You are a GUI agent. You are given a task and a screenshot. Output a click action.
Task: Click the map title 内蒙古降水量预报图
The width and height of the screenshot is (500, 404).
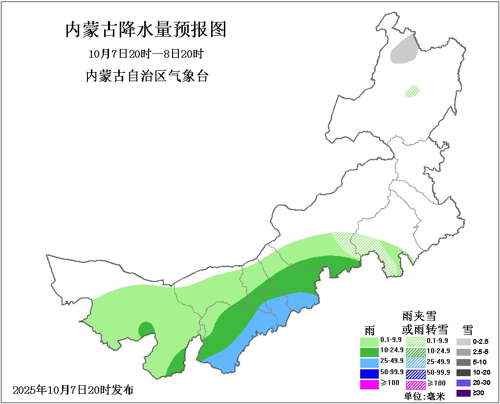[146, 30]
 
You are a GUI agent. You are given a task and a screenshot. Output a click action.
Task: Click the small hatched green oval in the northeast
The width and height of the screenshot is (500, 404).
[413, 91]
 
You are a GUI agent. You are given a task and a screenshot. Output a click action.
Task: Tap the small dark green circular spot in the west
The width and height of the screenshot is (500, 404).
[145, 329]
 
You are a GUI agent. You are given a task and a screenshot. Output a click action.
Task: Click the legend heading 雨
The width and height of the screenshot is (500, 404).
[370, 329]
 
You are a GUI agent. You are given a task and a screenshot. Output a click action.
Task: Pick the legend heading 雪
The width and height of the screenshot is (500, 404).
[467, 329]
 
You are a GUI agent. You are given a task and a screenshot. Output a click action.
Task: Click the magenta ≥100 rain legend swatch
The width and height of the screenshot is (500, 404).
[370, 384]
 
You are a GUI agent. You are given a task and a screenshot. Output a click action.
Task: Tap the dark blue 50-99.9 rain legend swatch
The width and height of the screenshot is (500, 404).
[370, 374]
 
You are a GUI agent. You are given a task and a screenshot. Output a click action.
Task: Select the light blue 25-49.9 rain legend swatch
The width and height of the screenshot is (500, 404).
[370, 362]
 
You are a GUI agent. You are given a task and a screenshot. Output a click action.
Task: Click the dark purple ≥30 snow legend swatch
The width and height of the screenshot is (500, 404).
[463, 393]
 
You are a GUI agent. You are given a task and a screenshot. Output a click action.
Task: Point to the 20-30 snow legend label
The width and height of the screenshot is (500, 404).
[481, 383]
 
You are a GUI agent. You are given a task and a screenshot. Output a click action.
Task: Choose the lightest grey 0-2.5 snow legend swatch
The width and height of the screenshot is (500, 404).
[463, 341]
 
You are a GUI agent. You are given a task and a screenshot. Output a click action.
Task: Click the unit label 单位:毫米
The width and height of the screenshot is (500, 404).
[425, 396]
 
